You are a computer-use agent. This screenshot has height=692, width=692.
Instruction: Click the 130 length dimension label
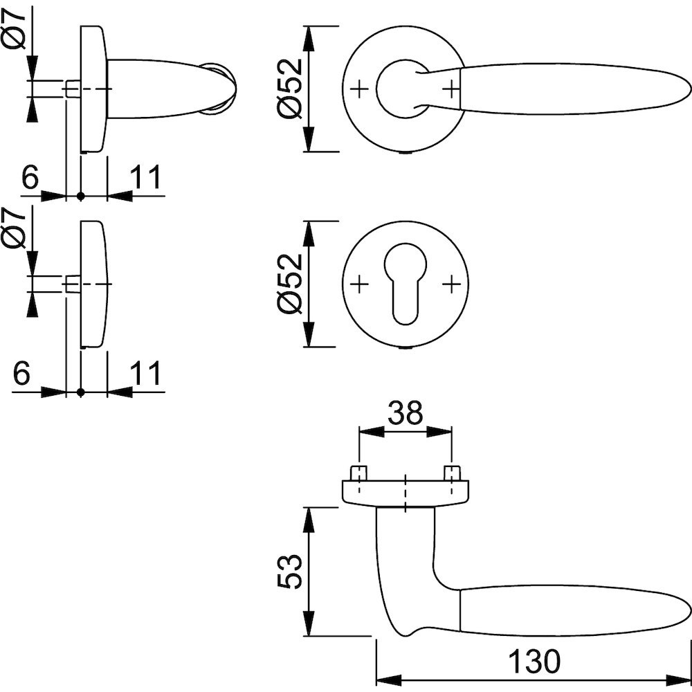(x=534, y=662)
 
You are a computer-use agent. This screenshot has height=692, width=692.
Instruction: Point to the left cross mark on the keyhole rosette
(x=359, y=284)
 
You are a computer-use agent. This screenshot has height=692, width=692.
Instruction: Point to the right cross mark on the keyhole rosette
(x=451, y=284)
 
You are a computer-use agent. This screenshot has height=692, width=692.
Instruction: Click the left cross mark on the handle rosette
(x=359, y=89)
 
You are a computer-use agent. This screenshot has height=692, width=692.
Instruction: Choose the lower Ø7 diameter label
(x=15, y=228)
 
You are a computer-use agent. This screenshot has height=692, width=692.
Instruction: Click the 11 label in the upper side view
(x=146, y=178)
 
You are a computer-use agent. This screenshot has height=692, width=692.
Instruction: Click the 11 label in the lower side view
(x=146, y=374)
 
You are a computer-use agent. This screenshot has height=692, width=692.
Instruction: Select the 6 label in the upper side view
(x=30, y=178)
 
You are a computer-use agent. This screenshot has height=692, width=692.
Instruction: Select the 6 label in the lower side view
(x=22, y=374)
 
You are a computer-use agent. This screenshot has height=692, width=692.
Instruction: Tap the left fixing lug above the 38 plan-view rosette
(x=358, y=474)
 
